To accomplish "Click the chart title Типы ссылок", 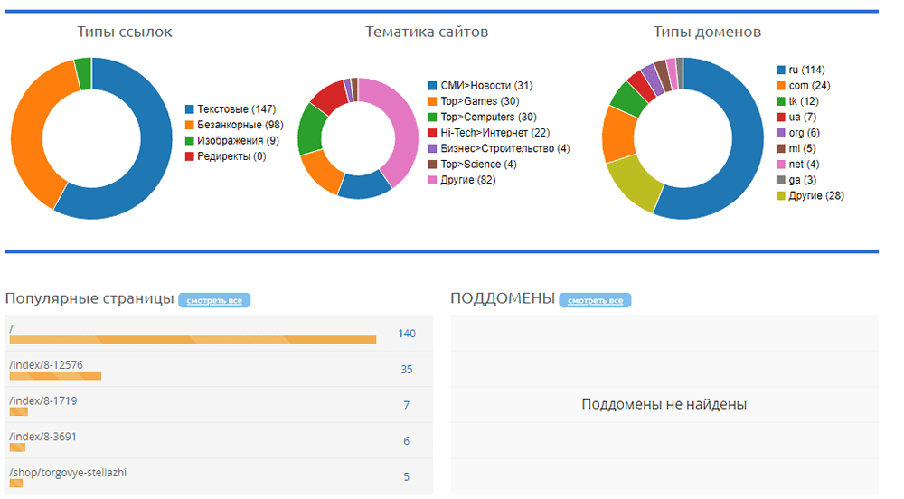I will (125, 33).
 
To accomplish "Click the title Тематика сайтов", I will (427, 33).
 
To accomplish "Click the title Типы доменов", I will (707, 33).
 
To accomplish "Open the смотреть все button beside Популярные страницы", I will (214, 300).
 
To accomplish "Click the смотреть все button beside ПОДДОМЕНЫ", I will (595, 300).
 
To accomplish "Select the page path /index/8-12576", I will (46, 365).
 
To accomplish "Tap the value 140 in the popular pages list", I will (407, 334).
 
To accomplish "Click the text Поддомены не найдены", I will (664, 404).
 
